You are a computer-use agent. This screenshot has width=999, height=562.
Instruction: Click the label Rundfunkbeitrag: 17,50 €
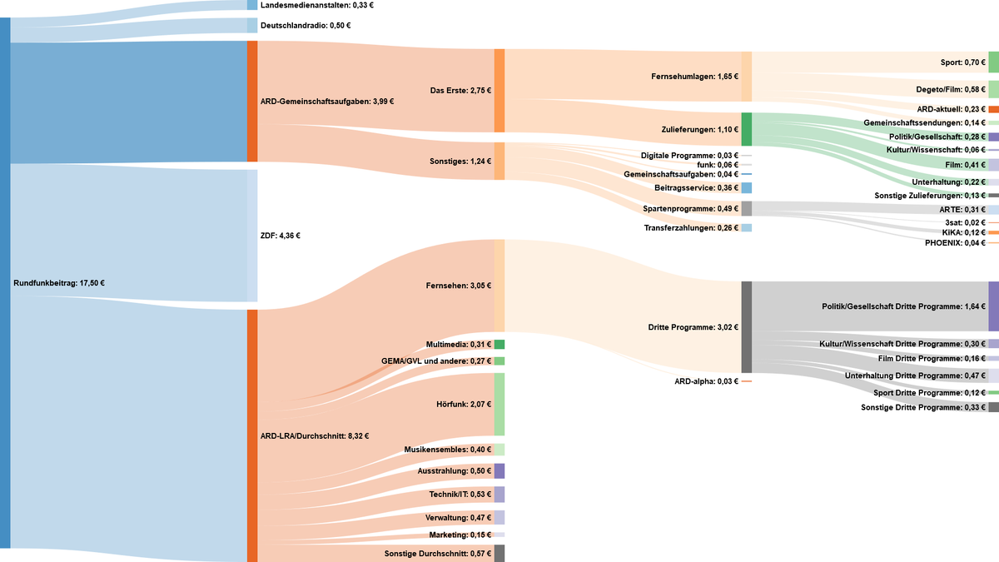pyautogui.click(x=59, y=283)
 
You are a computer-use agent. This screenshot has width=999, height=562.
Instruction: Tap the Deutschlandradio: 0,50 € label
pyautogui.click(x=305, y=25)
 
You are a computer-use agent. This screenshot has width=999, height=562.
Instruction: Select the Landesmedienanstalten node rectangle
pyautogui.click(x=252, y=5)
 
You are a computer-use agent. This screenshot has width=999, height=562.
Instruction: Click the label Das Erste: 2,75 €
pyautogui.click(x=460, y=91)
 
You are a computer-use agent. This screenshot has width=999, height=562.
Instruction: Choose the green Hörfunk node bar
pyautogui.click(x=499, y=404)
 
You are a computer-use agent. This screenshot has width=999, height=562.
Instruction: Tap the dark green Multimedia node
pyautogui.click(x=499, y=345)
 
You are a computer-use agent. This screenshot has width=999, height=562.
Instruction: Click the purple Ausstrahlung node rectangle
pyautogui.click(x=499, y=471)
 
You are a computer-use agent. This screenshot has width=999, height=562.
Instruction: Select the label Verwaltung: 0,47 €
pyautogui.click(x=458, y=518)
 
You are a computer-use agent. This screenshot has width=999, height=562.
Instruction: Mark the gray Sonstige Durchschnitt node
pyautogui.click(x=499, y=554)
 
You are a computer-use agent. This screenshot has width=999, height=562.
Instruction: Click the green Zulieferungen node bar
pyautogui.click(x=746, y=130)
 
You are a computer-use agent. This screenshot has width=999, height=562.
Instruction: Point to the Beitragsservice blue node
pyautogui.click(x=746, y=188)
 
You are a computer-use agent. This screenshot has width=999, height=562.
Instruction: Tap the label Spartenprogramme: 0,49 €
pyautogui.click(x=690, y=208)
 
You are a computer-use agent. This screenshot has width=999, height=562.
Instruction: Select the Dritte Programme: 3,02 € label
pyautogui.click(x=693, y=327)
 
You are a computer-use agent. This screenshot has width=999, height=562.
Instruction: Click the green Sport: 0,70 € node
pyautogui.click(x=993, y=62)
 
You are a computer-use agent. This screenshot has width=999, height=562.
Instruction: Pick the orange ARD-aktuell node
pyautogui.click(x=993, y=109)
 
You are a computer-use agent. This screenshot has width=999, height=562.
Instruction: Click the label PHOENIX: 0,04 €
pyautogui.click(x=955, y=243)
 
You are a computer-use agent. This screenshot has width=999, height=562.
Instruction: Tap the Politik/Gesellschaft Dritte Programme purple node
pyautogui.click(x=993, y=306)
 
